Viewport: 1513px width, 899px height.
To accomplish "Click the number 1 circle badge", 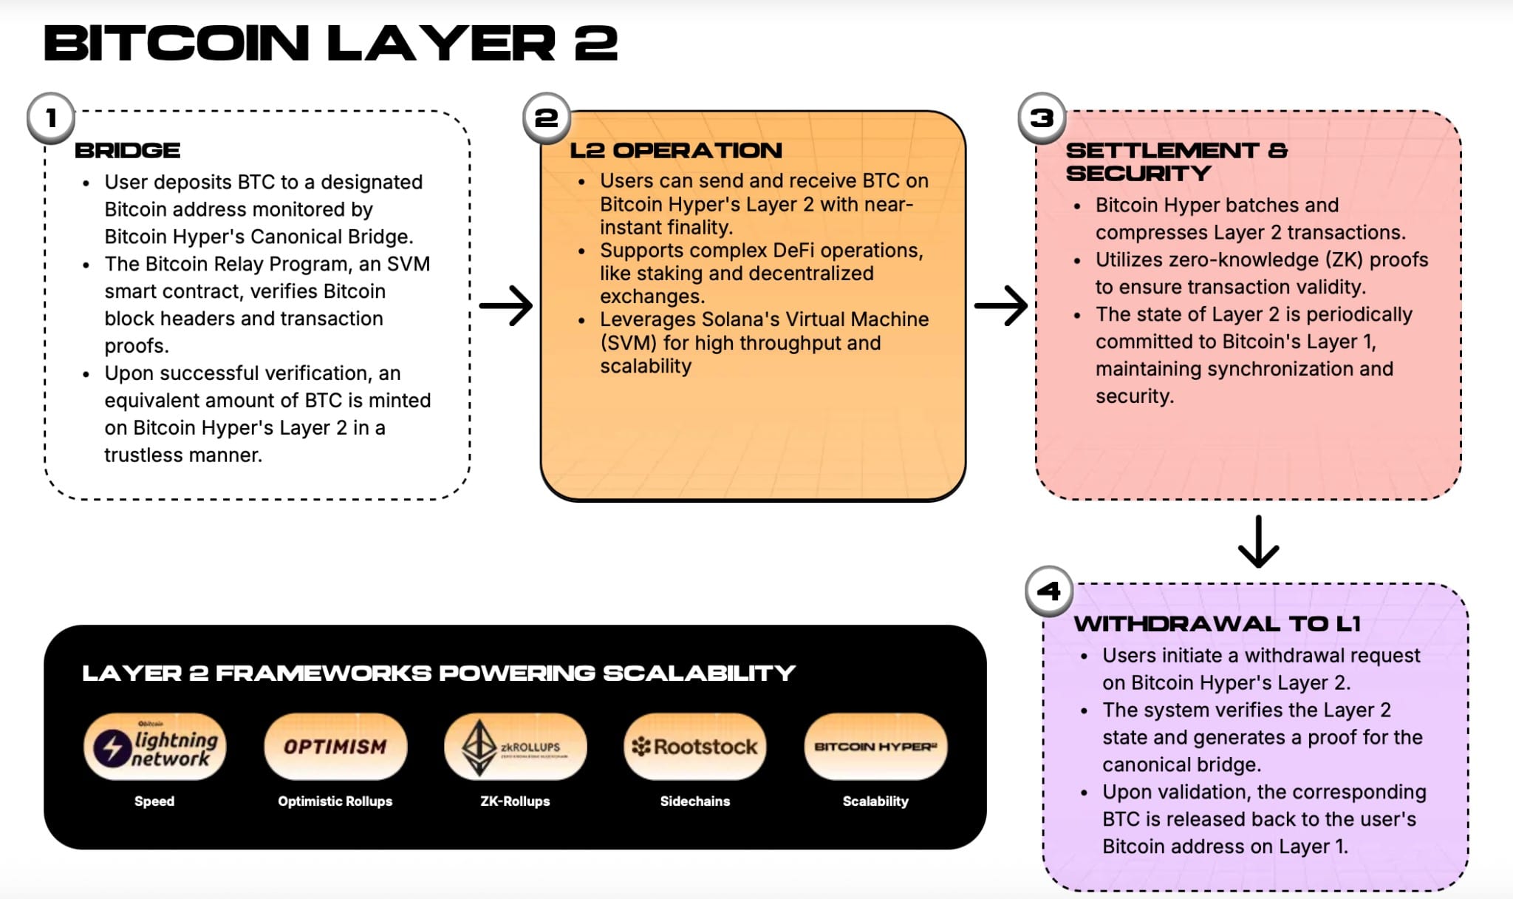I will [51, 118].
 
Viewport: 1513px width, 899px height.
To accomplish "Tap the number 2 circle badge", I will [546, 118].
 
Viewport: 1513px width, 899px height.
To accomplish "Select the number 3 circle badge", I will [1042, 118].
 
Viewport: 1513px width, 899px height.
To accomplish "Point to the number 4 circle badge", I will [1049, 591].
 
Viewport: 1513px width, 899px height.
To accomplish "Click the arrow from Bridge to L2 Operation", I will [506, 305].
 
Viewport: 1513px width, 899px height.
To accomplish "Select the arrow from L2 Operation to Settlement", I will [1001, 305].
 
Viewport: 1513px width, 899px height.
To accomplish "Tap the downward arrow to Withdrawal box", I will [1258, 542].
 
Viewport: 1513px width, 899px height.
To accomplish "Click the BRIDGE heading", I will [128, 151].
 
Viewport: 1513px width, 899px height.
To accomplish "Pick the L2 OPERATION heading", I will [676, 151].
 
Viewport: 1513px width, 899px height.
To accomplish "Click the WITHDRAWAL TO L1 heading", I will [1217, 624].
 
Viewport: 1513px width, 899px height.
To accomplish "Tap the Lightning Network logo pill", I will [155, 747].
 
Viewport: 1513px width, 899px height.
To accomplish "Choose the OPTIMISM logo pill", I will [335, 747].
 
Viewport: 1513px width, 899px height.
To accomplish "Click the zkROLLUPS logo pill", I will [516, 747].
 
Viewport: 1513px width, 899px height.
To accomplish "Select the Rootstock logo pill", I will [695, 747].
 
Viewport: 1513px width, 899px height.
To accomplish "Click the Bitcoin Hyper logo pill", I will [875, 747].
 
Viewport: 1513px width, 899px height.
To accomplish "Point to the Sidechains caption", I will [695, 801].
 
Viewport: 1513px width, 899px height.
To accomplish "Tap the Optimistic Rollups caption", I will [335, 801].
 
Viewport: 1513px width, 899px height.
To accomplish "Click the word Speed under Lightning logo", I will [154, 801].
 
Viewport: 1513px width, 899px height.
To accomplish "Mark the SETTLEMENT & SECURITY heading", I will [1176, 162].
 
